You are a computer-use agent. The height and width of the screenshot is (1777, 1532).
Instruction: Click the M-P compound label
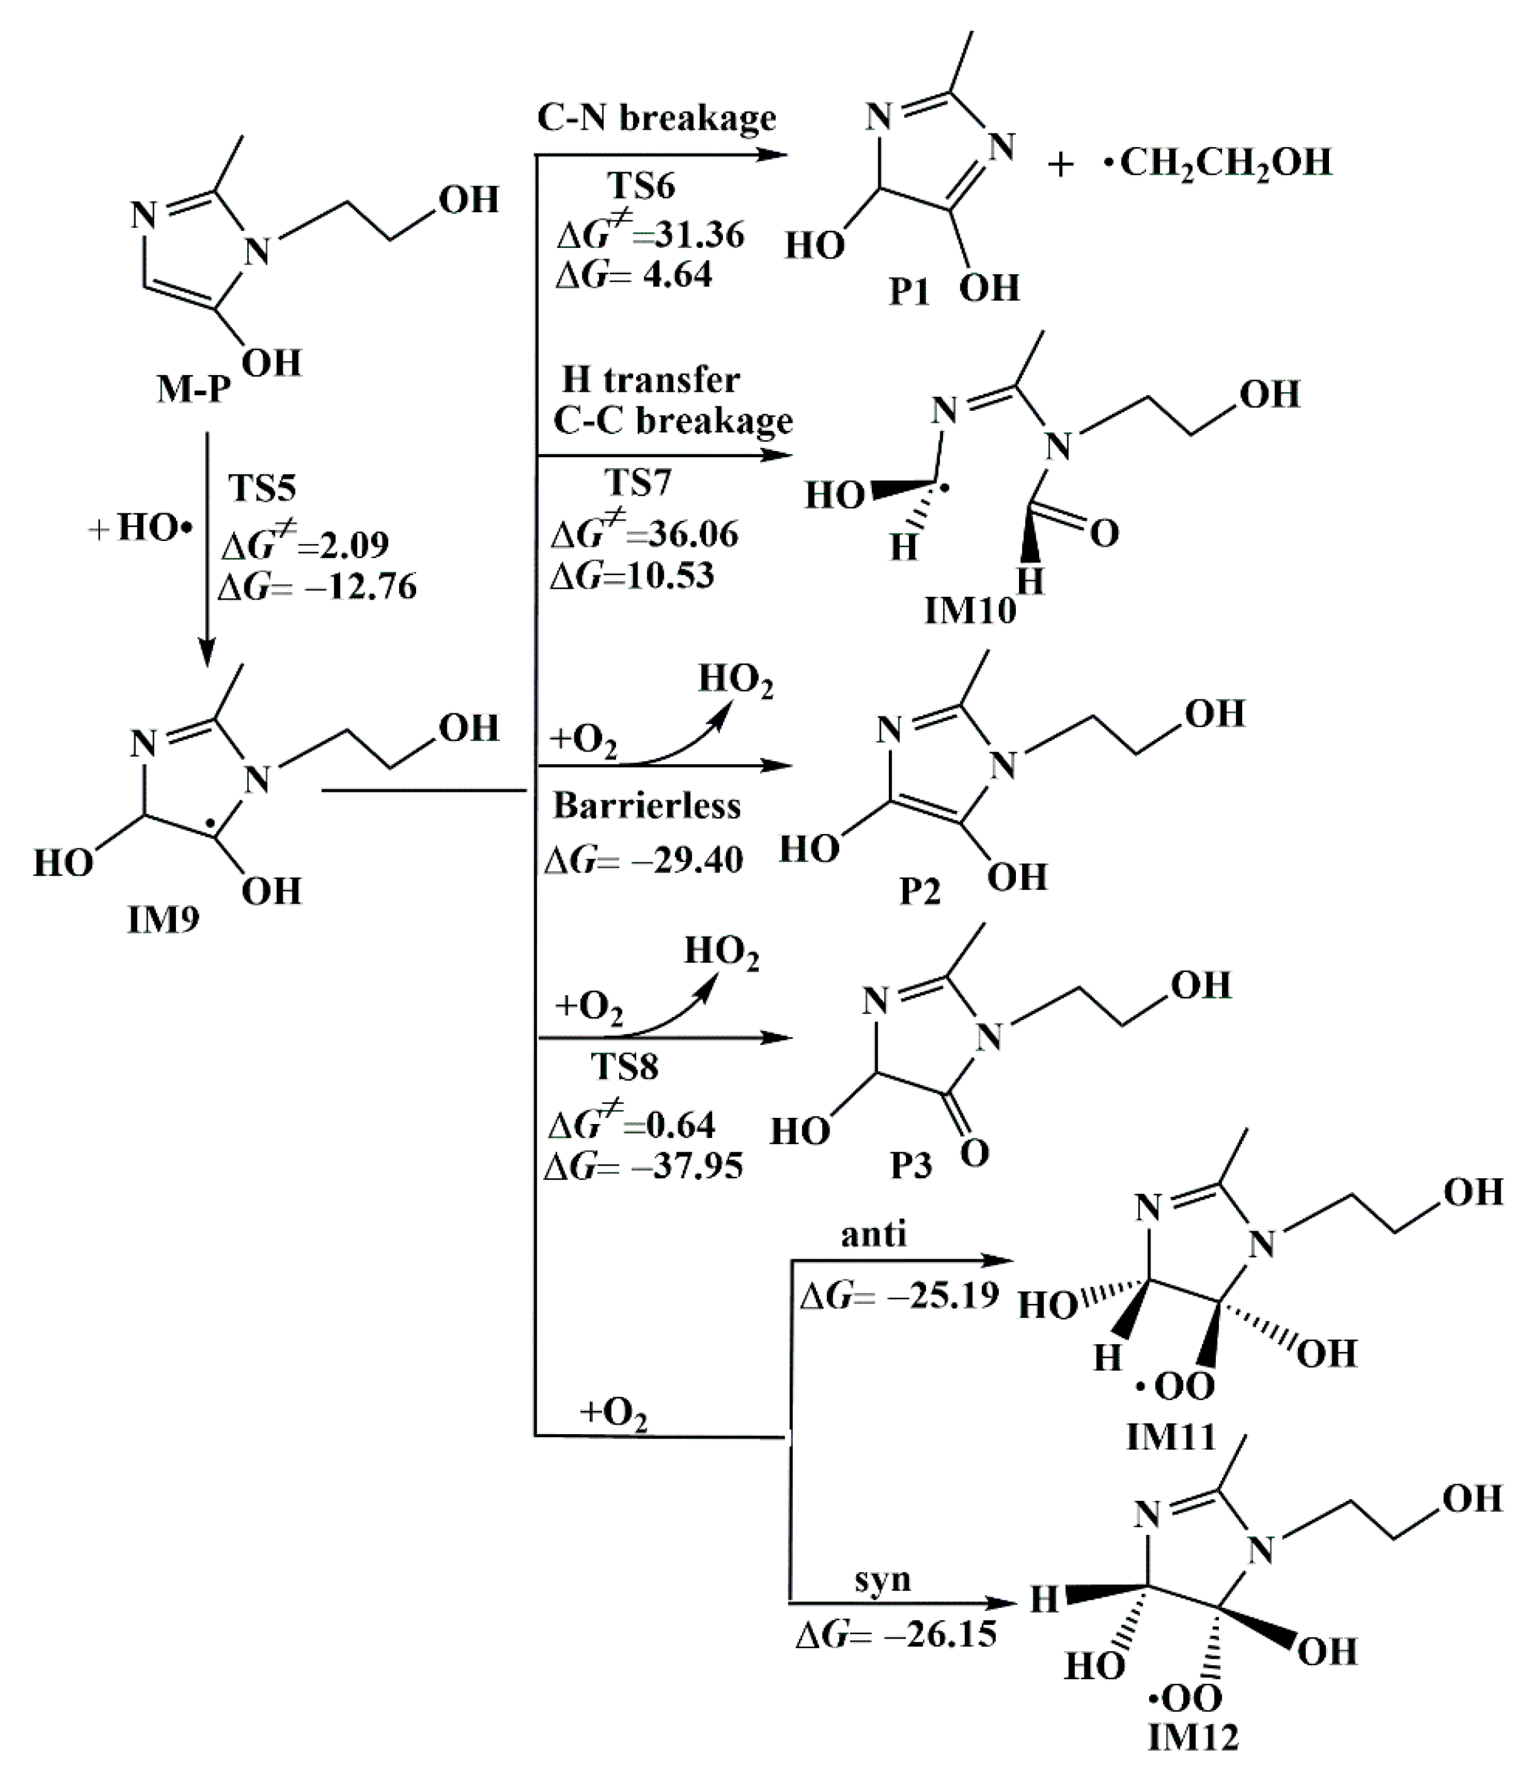point(194,390)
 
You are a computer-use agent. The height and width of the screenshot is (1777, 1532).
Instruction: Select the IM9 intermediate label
point(163,920)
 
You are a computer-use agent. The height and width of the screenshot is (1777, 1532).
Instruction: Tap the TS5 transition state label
point(262,488)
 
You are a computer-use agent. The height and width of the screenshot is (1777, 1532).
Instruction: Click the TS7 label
point(638,484)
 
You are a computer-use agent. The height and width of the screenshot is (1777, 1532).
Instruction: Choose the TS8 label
point(624,1067)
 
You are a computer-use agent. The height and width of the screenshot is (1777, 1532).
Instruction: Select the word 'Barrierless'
point(646,805)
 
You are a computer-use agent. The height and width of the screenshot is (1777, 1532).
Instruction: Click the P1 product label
point(909,292)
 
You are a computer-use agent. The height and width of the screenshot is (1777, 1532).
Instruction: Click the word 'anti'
point(874,1234)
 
